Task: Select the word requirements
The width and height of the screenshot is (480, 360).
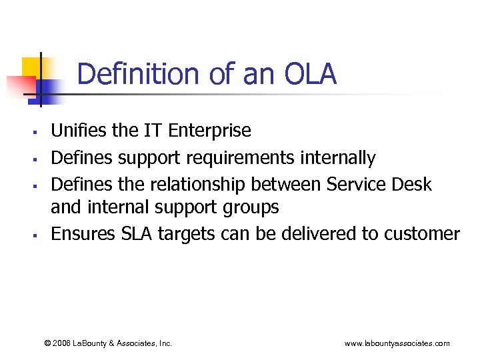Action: point(242,158)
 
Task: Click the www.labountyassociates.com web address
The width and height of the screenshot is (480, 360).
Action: point(397,343)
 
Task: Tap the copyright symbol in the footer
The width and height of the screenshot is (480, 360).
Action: point(47,343)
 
